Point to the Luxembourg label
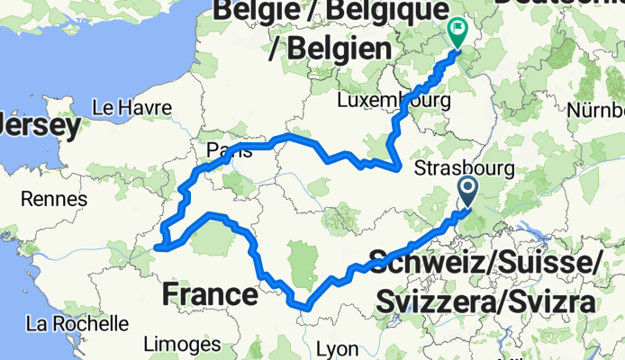tap(394, 101)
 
